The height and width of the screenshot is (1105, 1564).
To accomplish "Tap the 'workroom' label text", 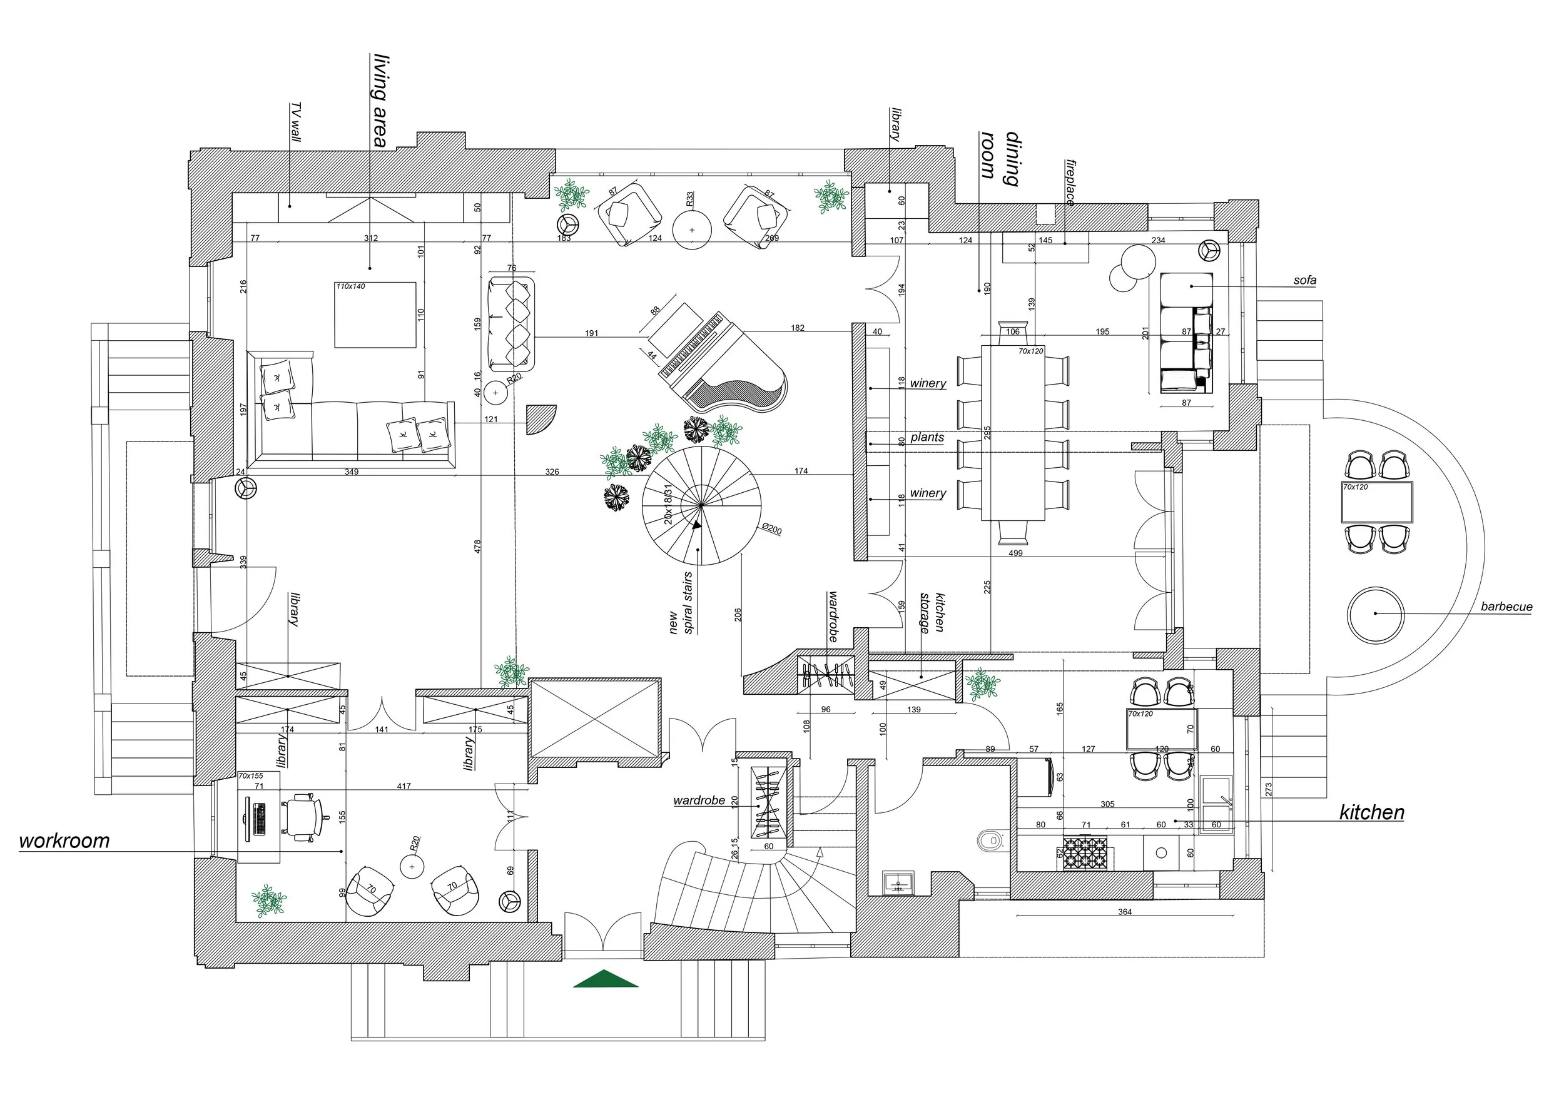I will click(x=64, y=841).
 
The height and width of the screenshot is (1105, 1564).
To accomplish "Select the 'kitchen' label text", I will click(x=1371, y=812).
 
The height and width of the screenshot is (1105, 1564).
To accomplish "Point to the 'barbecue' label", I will click(x=1506, y=607).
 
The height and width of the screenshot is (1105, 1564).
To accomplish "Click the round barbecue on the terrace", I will click(x=1375, y=614).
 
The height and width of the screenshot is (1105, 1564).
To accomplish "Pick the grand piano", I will click(x=722, y=364).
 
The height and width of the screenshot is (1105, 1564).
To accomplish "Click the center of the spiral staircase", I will click(x=701, y=505).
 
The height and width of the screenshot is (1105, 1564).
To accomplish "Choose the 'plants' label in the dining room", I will click(x=927, y=437).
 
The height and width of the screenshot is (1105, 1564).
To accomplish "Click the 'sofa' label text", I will click(x=1304, y=280).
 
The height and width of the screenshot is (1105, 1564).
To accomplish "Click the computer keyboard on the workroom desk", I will click(x=260, y=819).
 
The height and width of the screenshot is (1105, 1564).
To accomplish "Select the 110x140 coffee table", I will click(x=375, y=315).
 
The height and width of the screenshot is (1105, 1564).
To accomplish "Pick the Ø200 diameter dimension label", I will click(x=771, y=530).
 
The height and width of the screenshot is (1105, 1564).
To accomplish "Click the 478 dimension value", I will click(x=477, y=546).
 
